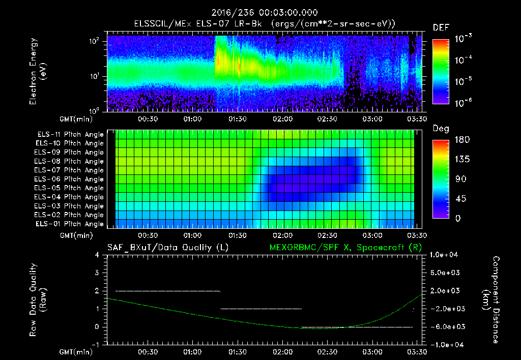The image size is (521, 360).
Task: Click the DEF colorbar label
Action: (440, 27)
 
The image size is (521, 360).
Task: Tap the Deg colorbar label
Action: (440, 129)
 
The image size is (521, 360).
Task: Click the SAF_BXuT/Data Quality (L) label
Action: (167, 247)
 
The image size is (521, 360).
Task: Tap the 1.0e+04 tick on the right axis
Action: (445, 255)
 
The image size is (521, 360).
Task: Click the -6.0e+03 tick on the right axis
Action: (445, 327)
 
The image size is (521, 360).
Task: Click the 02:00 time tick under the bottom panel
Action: (282, 352)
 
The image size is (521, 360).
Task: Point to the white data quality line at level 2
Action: (168, 291)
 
